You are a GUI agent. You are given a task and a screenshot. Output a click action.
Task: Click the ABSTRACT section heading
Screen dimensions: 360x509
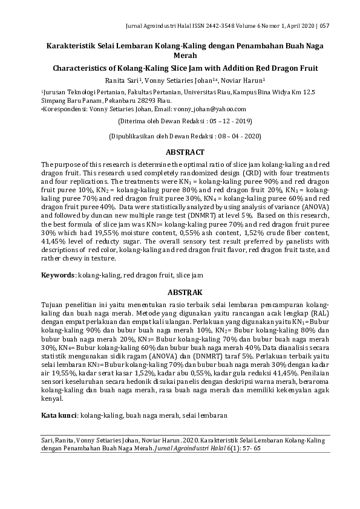click(180, 152)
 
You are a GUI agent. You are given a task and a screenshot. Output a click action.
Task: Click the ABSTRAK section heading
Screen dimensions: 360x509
click(180, 291)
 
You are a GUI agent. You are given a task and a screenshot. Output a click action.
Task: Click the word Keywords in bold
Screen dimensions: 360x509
click(57, 275)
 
